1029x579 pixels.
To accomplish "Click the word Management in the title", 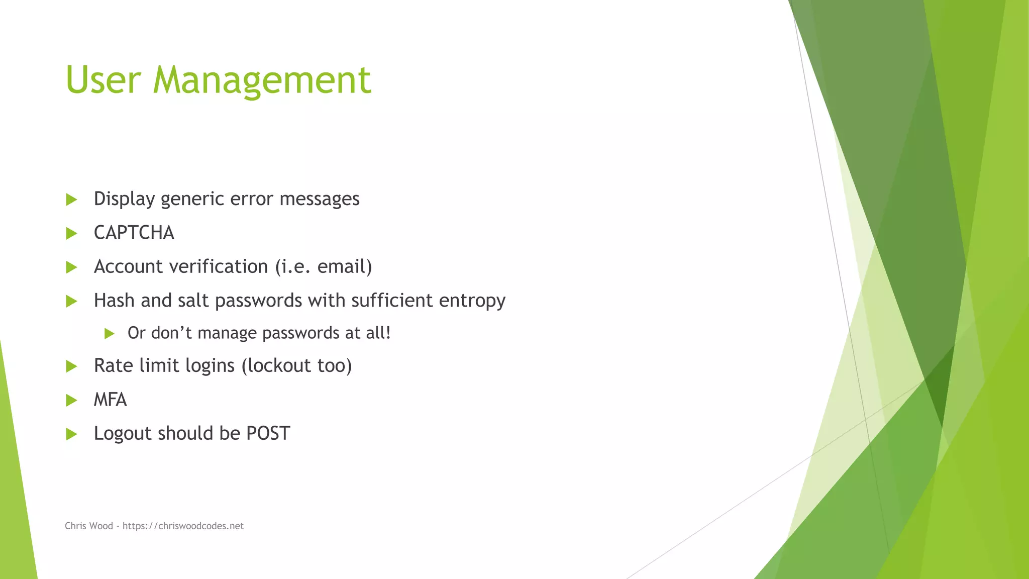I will (x=262, y=80).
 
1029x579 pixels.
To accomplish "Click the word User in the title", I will (x=103, y=80).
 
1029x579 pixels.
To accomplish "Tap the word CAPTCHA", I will (x=134, y=233).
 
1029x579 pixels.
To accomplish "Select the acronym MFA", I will (x=111, y=400).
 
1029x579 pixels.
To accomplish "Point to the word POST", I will (x=268, y=433).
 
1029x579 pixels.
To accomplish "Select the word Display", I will (x=124, y=199).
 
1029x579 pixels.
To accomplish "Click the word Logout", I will (x=123, y=433).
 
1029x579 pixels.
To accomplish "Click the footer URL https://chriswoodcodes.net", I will (x=183, y=526).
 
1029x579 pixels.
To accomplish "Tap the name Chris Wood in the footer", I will (x=89, y=526).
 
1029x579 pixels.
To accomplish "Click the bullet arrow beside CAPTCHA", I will (x=71, y=233).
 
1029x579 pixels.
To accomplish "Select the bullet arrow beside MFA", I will (x=71, y=400).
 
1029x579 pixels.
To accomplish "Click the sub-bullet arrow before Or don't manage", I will (x=110, y=333).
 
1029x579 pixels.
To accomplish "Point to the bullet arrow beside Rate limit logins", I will (x=71, y=366).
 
